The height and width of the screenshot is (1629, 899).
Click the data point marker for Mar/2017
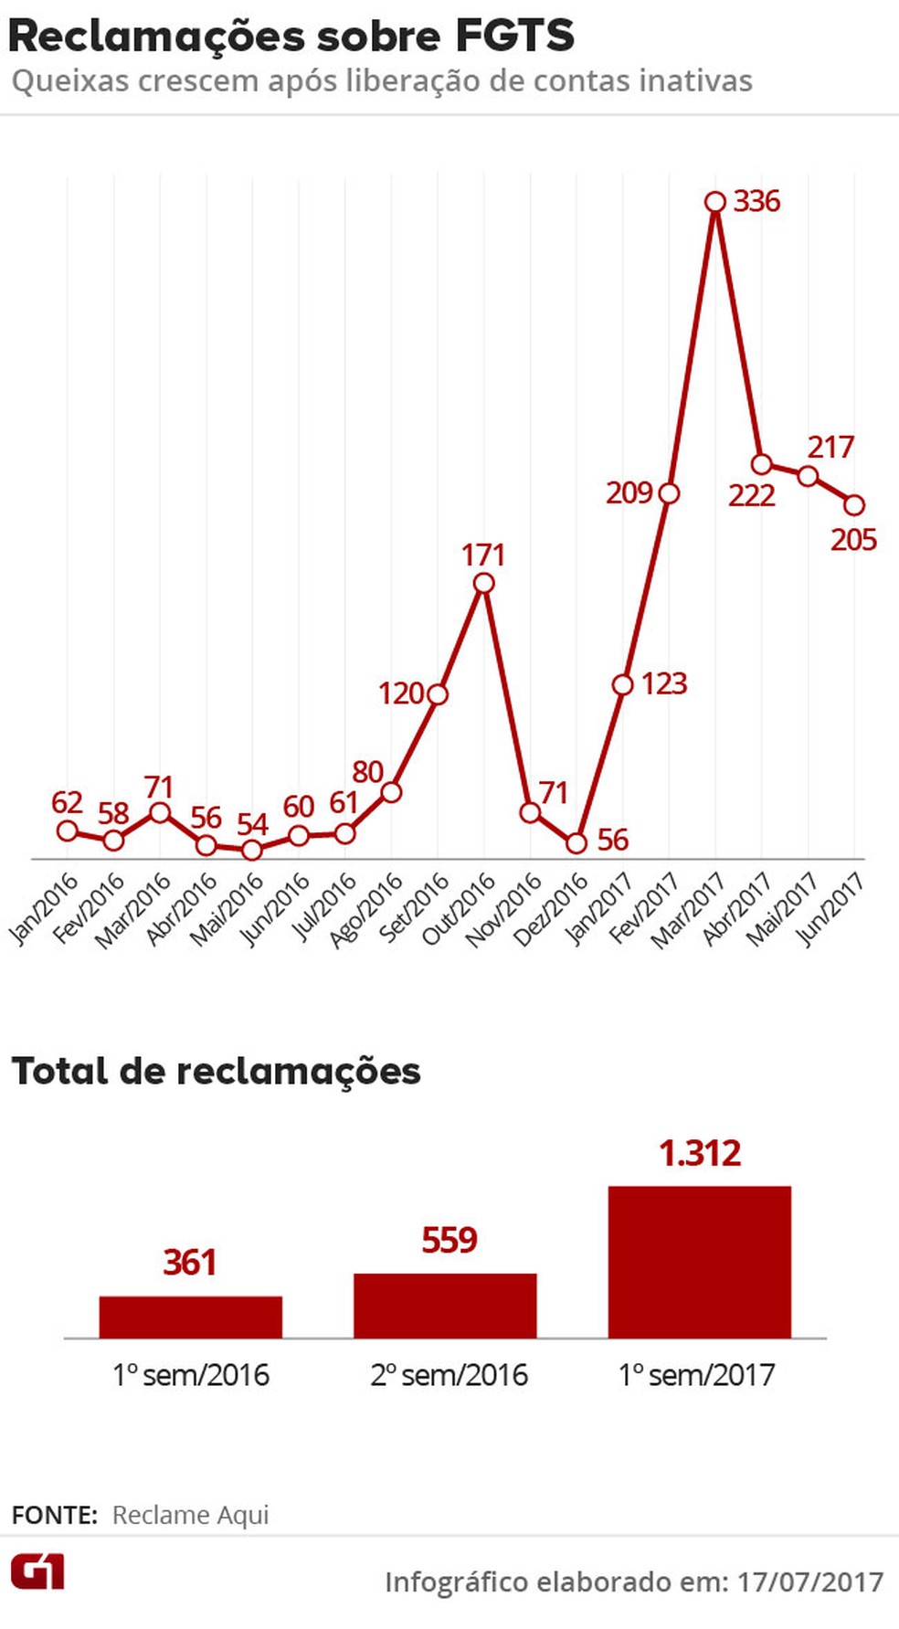715,202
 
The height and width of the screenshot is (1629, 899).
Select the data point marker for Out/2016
484,583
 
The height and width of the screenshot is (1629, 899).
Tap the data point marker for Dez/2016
576,843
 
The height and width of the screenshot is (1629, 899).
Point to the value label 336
756,201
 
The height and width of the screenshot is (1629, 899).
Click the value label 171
483,555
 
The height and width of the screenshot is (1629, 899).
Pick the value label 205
853,540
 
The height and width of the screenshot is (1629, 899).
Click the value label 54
252,824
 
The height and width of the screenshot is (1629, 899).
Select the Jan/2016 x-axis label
43,907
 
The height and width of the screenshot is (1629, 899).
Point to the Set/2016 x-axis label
414,907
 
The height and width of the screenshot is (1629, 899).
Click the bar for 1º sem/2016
190,1317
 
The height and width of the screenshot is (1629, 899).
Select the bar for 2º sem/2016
445,1306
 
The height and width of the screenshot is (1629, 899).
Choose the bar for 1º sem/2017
699,1262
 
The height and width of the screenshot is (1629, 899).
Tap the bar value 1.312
700,1153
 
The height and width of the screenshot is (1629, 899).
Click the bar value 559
449,1241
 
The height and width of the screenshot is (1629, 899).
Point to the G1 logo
37,1571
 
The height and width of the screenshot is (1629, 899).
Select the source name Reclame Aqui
190,1515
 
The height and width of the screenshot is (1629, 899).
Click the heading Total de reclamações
216,1071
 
